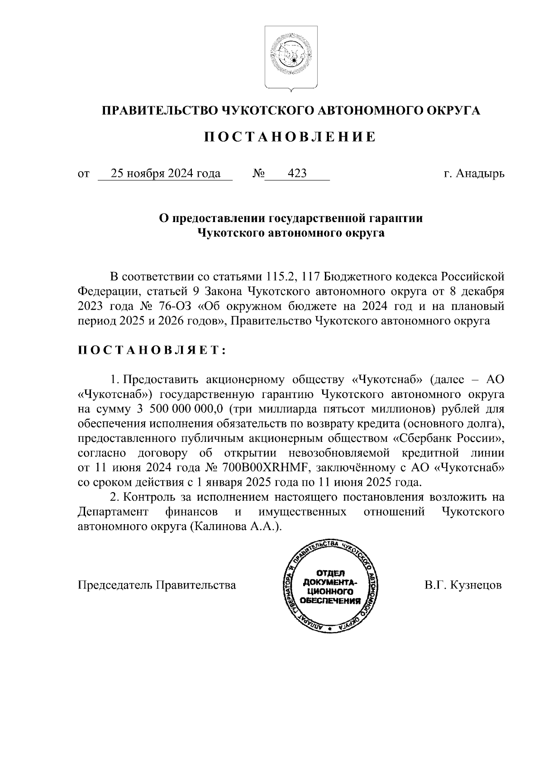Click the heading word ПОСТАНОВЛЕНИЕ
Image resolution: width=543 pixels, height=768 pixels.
(290, 137)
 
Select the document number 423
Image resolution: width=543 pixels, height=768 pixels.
(297, 174)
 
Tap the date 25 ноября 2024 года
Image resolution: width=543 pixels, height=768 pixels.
(166, 174)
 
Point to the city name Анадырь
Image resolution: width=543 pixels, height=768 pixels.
(481, 174)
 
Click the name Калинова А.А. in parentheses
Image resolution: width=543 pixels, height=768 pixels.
(234, 527)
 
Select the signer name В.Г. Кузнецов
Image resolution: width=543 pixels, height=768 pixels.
(463, 585)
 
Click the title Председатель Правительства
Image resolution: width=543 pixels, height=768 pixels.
(157, 585)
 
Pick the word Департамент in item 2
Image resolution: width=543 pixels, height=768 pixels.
(113, 512)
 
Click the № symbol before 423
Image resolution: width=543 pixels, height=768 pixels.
(258, 174)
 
